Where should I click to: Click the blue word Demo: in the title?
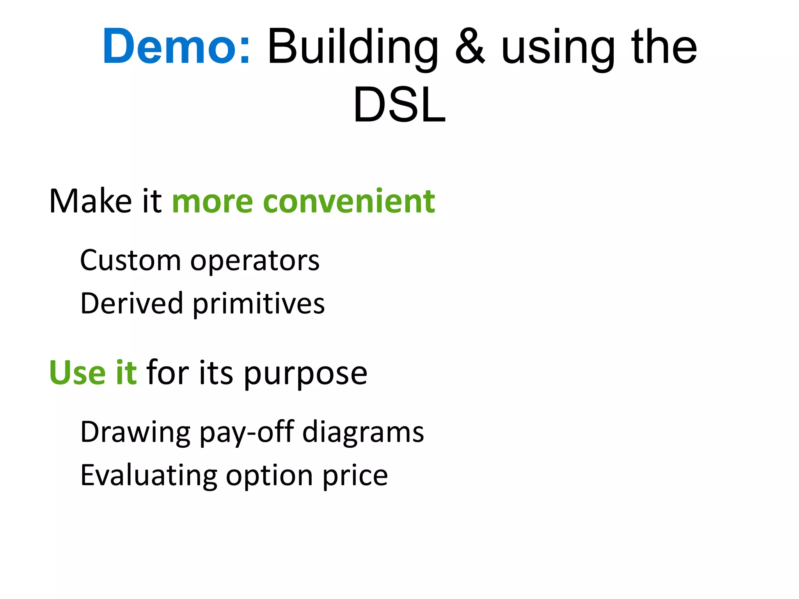click(176, 47)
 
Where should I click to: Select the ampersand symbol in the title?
click(470, 47)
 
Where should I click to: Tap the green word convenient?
click(349, 201)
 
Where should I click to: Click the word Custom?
click(130, 260)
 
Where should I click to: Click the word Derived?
click(131, 303)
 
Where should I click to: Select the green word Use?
click(77, 373)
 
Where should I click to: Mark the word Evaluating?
click(148, 476)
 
